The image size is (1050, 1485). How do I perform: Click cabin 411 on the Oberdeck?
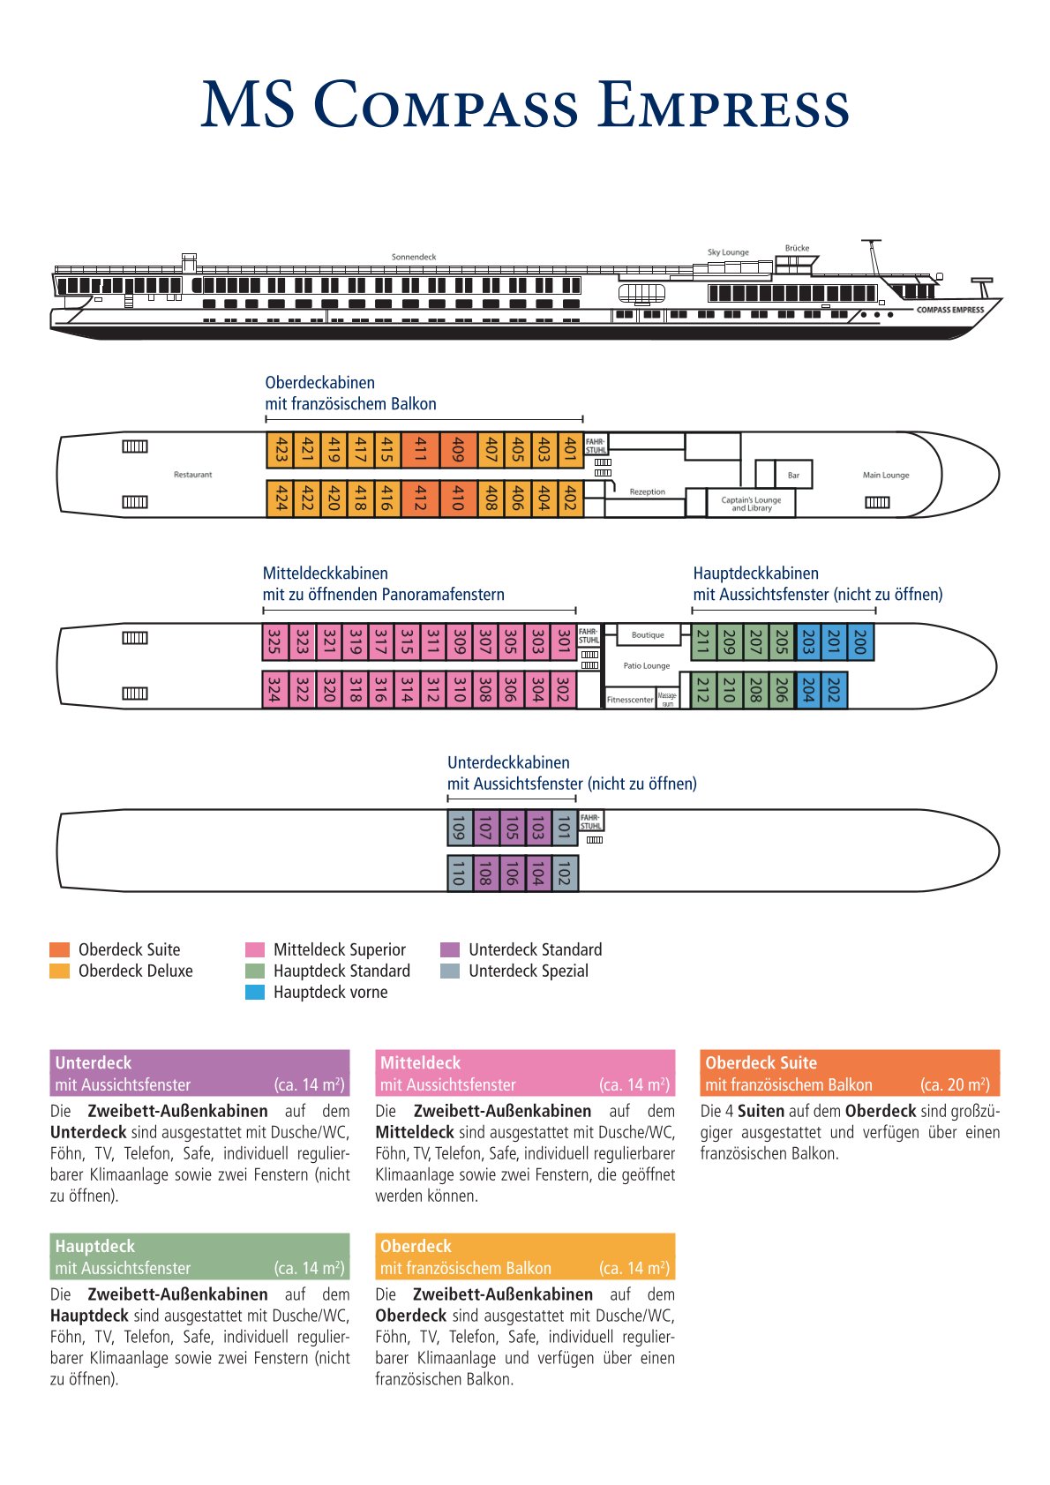420,450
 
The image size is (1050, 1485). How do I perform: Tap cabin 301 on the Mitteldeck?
563,641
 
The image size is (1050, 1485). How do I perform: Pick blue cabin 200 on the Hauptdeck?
860,641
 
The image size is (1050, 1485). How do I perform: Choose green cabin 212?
702,690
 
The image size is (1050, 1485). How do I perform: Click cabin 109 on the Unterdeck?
459,828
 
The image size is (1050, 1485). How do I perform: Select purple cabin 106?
512,874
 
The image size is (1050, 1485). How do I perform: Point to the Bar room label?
793,475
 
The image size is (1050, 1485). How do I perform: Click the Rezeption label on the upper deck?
647,491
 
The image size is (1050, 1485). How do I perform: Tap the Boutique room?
648,634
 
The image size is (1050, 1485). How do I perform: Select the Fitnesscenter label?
630,700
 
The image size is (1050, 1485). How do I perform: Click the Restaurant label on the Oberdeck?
192,475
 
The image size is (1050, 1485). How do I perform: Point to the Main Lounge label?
885,475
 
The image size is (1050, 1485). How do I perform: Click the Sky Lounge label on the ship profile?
728,252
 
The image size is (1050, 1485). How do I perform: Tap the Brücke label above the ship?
797,248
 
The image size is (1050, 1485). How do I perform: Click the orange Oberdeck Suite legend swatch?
59,949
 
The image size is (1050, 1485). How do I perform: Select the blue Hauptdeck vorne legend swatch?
255,992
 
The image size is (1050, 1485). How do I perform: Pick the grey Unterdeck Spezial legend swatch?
450,971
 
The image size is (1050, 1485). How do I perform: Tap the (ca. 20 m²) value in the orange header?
955,1084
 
